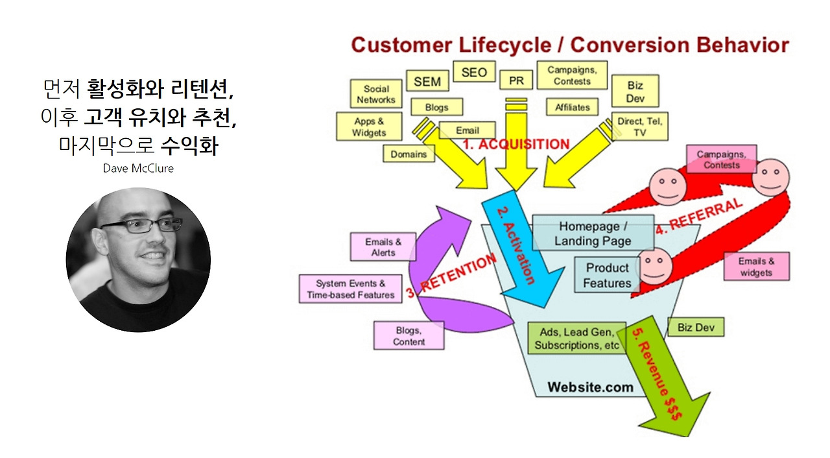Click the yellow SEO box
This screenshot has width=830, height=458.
click(x=473, y=72)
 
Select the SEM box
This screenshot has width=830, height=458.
click(x=427, y=81)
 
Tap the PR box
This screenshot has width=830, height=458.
click(x=516, y=80)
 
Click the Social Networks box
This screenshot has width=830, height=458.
click(x=376, y=94)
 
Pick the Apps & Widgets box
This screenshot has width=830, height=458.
click(x=368, y=127)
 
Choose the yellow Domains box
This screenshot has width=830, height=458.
click(x=409, y=154)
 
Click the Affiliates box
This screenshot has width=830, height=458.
click(x=572, y=107)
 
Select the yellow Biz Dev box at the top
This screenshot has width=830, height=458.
click(x=635, y=91)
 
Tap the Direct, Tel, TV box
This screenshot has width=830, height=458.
click(x=639, y=127)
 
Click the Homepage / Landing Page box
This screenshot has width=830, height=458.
click(x=593, y=234)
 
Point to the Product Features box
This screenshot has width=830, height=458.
click(x=607, y=275)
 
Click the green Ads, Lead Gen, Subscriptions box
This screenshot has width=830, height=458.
click(x=576, y=339)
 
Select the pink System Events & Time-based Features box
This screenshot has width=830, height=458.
click(x=350, y=289)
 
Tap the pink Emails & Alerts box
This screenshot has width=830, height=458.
click(x=383, y=247)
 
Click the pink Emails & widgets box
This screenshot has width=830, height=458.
click(x=756, y=267)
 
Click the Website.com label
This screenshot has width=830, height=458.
click(x=590, y=387)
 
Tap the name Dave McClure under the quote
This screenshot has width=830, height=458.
click(x=137, y=168)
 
